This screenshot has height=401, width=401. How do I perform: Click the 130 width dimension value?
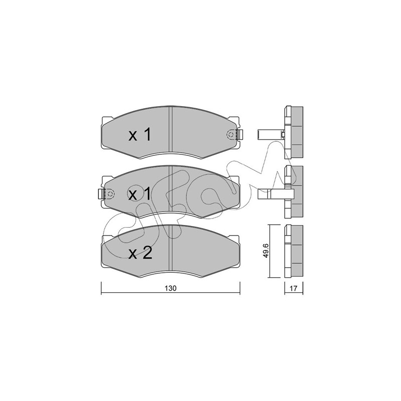170,288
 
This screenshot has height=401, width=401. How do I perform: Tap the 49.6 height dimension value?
266,251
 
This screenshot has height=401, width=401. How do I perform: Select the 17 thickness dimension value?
293,289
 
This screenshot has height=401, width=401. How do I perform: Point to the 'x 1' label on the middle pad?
140,194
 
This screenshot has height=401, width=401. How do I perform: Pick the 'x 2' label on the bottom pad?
140,253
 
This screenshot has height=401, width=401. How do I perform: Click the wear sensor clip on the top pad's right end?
240,135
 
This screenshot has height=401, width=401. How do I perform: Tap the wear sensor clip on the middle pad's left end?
101,194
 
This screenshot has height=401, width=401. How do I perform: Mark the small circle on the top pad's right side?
231,135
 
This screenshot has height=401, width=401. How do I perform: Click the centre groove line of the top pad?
171,132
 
